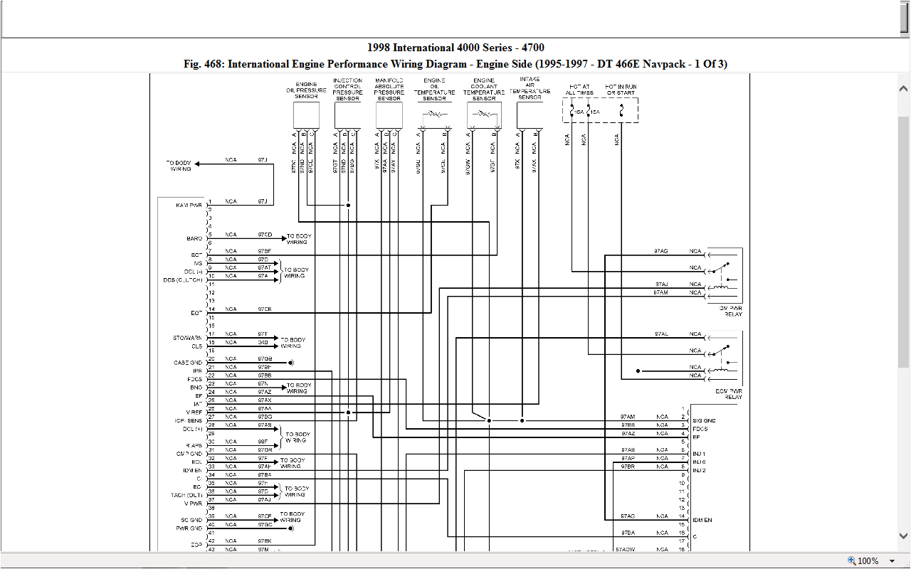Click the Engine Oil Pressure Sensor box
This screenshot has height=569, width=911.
click(306, 115)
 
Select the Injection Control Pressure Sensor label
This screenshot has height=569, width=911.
click(347, 90)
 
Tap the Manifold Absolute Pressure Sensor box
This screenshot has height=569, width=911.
click(389, 115)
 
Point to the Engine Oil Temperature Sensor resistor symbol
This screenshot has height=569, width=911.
click(435, 114)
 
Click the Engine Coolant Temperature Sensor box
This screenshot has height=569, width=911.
click(484, 115)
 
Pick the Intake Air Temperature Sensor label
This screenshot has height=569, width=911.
click(530, 88)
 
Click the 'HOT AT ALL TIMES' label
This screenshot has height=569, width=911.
click(579, 90)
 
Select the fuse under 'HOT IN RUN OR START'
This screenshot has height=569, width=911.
click(621, 111)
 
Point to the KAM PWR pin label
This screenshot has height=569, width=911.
click(189, 205)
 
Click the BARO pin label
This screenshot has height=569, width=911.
click(194, 238)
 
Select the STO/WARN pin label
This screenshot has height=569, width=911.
click(188, 338)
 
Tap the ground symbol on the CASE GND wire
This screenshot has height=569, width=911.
click(292, 362)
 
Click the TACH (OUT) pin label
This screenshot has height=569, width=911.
click(186, 495)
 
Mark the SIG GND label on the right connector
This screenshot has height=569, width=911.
click(704, 420)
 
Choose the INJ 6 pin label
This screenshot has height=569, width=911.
click(699, 462)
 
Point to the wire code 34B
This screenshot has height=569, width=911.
click(263, 342)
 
